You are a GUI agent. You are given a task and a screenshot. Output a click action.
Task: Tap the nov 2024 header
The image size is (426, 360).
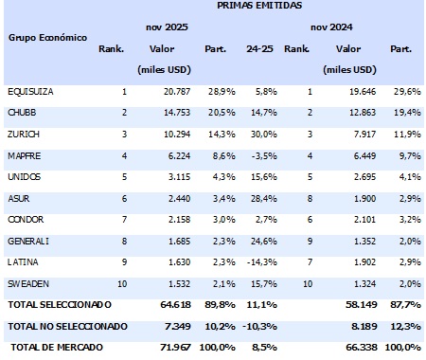coord(352,27)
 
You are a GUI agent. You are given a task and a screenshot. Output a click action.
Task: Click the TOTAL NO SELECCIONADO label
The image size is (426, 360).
coord(65,326)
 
